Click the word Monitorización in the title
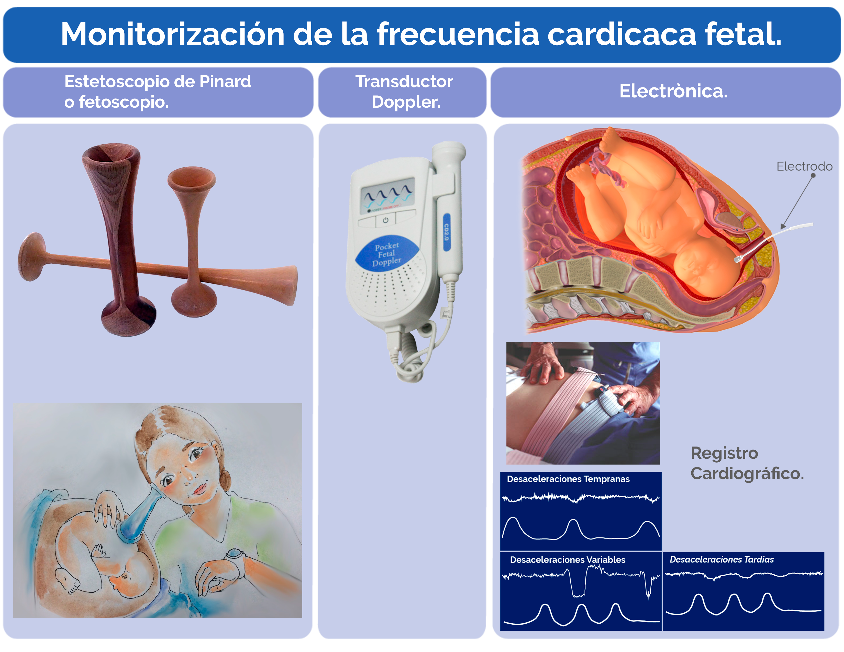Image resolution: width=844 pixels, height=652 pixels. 173,34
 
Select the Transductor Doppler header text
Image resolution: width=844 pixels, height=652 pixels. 404,92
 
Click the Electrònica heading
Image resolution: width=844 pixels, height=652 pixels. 673,91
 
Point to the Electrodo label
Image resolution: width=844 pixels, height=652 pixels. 804,166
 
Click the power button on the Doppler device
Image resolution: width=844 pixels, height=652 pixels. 385,220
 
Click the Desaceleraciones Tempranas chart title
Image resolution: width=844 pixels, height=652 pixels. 568,479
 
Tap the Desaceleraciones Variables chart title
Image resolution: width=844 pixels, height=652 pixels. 567,560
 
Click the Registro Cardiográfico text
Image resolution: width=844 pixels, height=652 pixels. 747,463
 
